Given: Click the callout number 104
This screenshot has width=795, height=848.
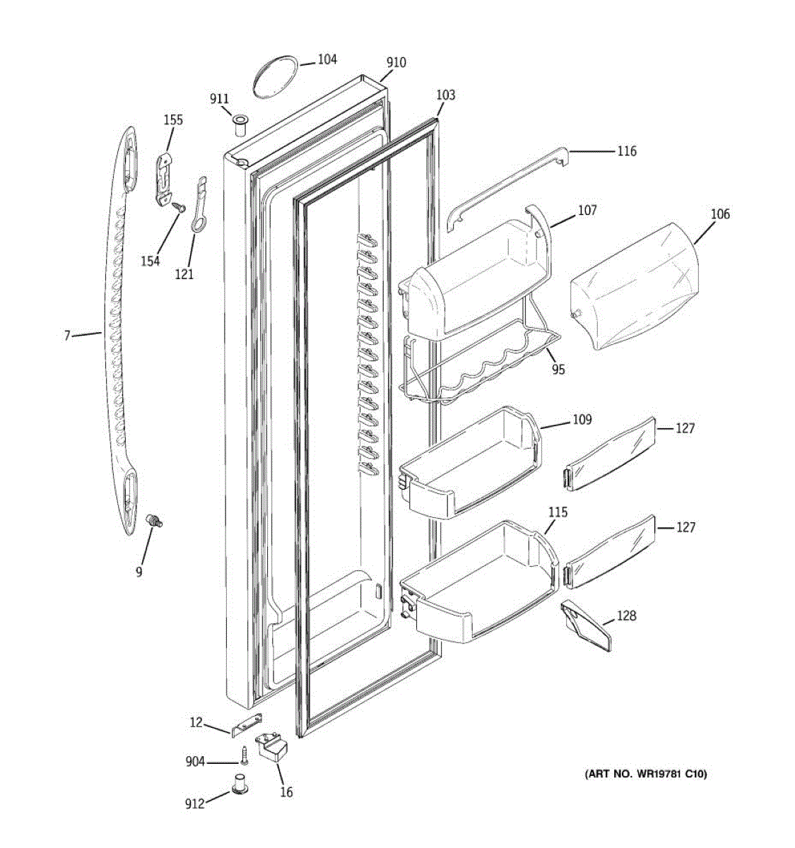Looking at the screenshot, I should tap(326, 60).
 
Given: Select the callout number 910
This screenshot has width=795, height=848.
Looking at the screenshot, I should tap(396, 62).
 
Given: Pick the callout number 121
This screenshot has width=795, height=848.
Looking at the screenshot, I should tap(184, 274).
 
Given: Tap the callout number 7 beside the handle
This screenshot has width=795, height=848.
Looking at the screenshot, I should tap(67, 336).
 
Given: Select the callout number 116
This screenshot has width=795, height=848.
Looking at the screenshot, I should tap(626, 151).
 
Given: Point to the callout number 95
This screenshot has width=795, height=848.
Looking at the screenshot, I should tap(558, 369).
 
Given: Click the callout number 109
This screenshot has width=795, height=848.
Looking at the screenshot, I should tap(582, 420).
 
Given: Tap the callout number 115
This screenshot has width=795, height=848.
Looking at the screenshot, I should tap(558, 512).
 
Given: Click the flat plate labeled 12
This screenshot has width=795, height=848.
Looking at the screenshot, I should tap(245, 725).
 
